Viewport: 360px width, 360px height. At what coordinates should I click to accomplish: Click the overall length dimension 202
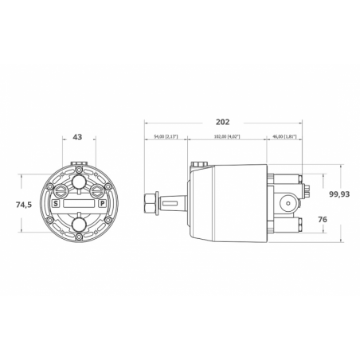tap(223, 123)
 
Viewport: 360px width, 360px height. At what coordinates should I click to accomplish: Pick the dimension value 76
tap(323, 220)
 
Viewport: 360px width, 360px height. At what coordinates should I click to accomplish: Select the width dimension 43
tap(78, 138)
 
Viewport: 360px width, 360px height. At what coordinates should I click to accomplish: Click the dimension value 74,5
tap(24, 205)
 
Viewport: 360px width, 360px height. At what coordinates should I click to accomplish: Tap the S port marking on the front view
tap(56, 204)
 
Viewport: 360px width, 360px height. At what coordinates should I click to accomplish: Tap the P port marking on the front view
tap(102, 204)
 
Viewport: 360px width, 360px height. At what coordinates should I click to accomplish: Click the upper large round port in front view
tap(79, 183)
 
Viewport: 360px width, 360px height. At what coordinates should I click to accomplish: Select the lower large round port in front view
tap(79, 227)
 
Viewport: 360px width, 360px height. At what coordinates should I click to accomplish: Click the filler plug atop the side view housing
tap(197, 165)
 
